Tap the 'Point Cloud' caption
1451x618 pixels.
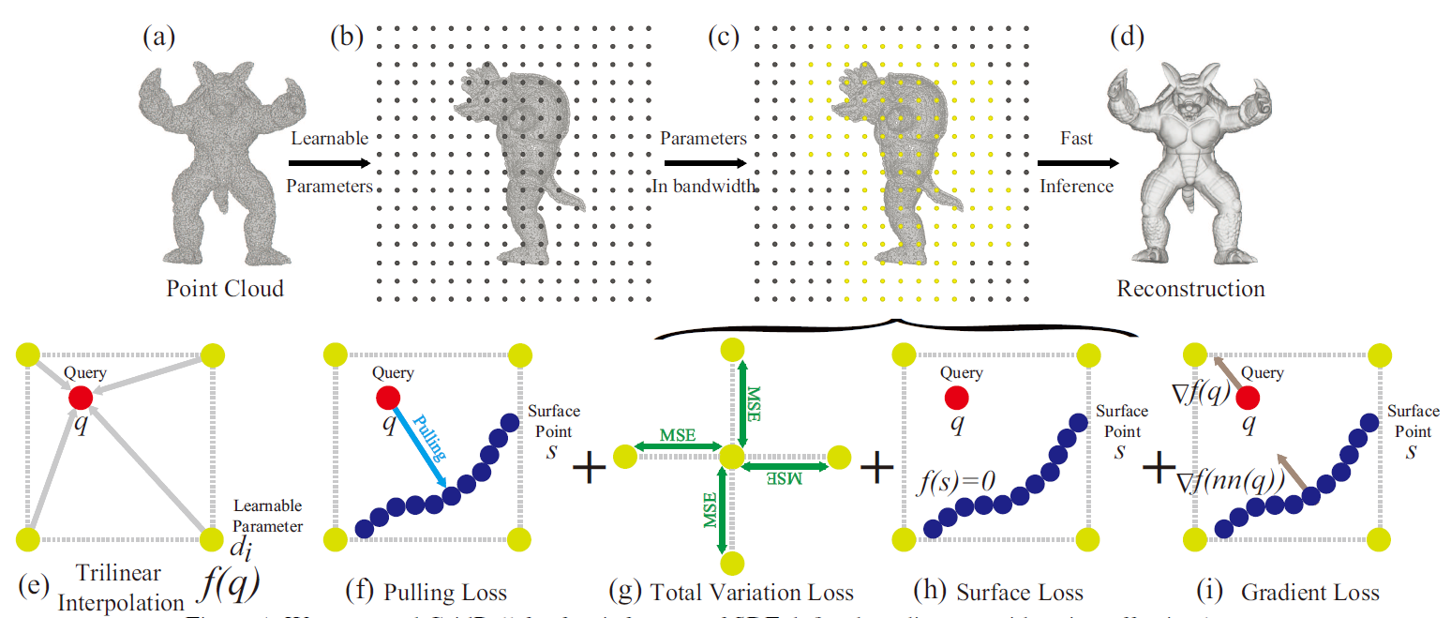point(225,288)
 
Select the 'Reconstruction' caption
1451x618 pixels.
point(1190,288)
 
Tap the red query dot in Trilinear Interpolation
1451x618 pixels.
point(81,398)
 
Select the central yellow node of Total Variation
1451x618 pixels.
point(730,458)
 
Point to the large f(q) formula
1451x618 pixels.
point(229,582)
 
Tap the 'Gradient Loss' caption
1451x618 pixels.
point(1309,593)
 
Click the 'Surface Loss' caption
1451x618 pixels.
point(1019,593)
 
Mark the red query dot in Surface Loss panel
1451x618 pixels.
point(956,398)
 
